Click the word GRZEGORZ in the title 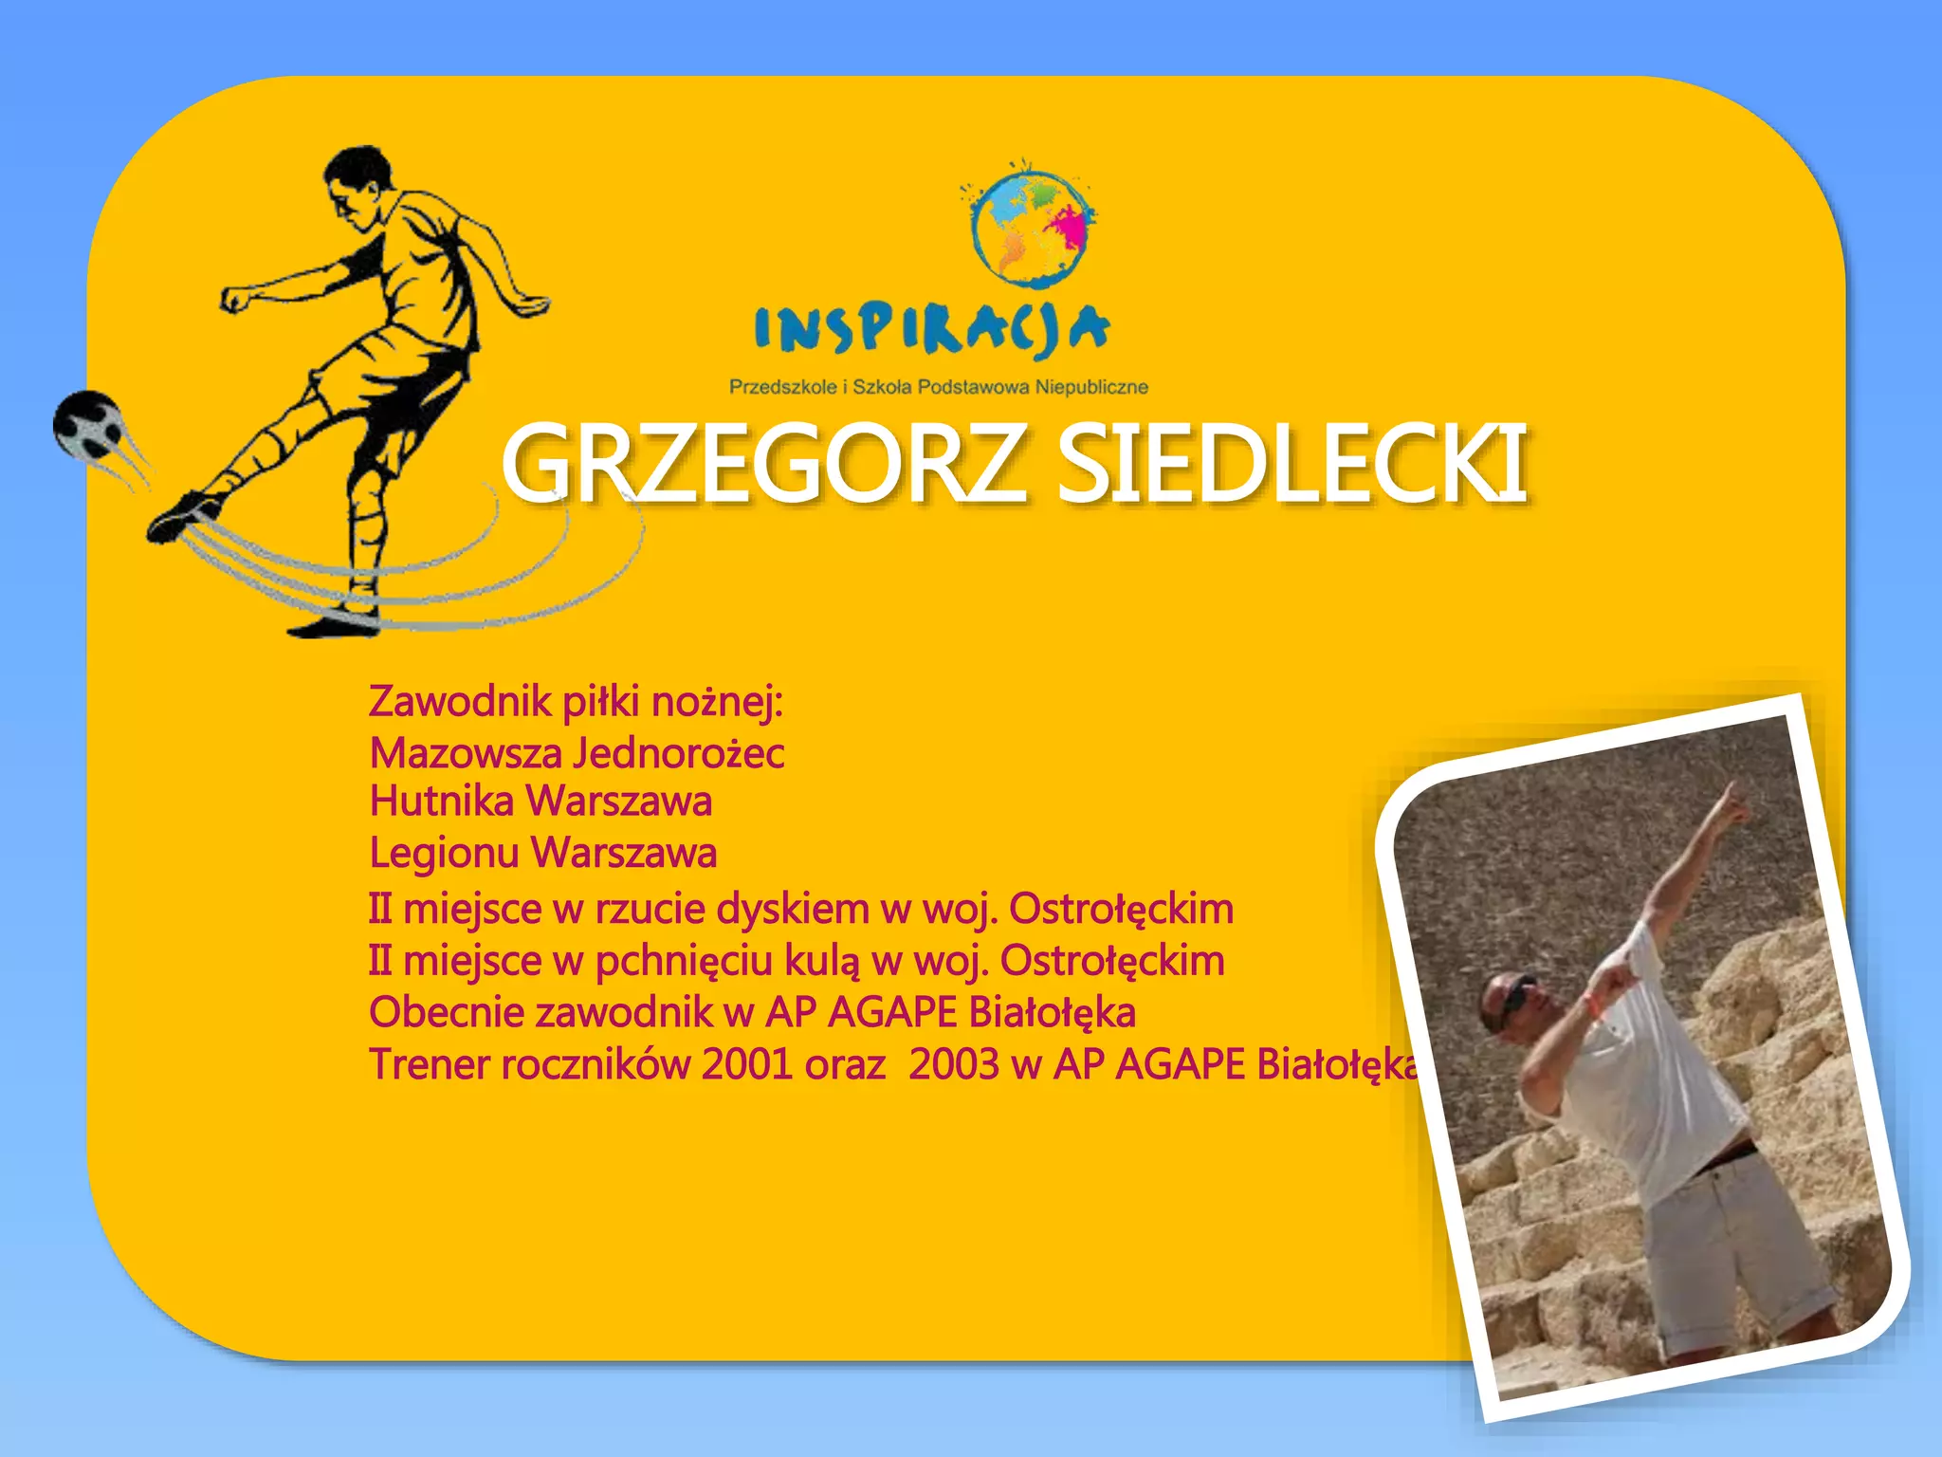(x=763, y=465)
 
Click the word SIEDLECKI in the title (x=1292, y=465)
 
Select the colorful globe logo (x=1031, y=228)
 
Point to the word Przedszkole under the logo (x=782, y=387)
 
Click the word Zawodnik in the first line (x=460, y=702)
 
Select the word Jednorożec (x=679, y=754)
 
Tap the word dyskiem (x=793, y=910)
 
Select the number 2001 (x=746, y=1065)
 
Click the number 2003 (x=953, y=1065)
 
